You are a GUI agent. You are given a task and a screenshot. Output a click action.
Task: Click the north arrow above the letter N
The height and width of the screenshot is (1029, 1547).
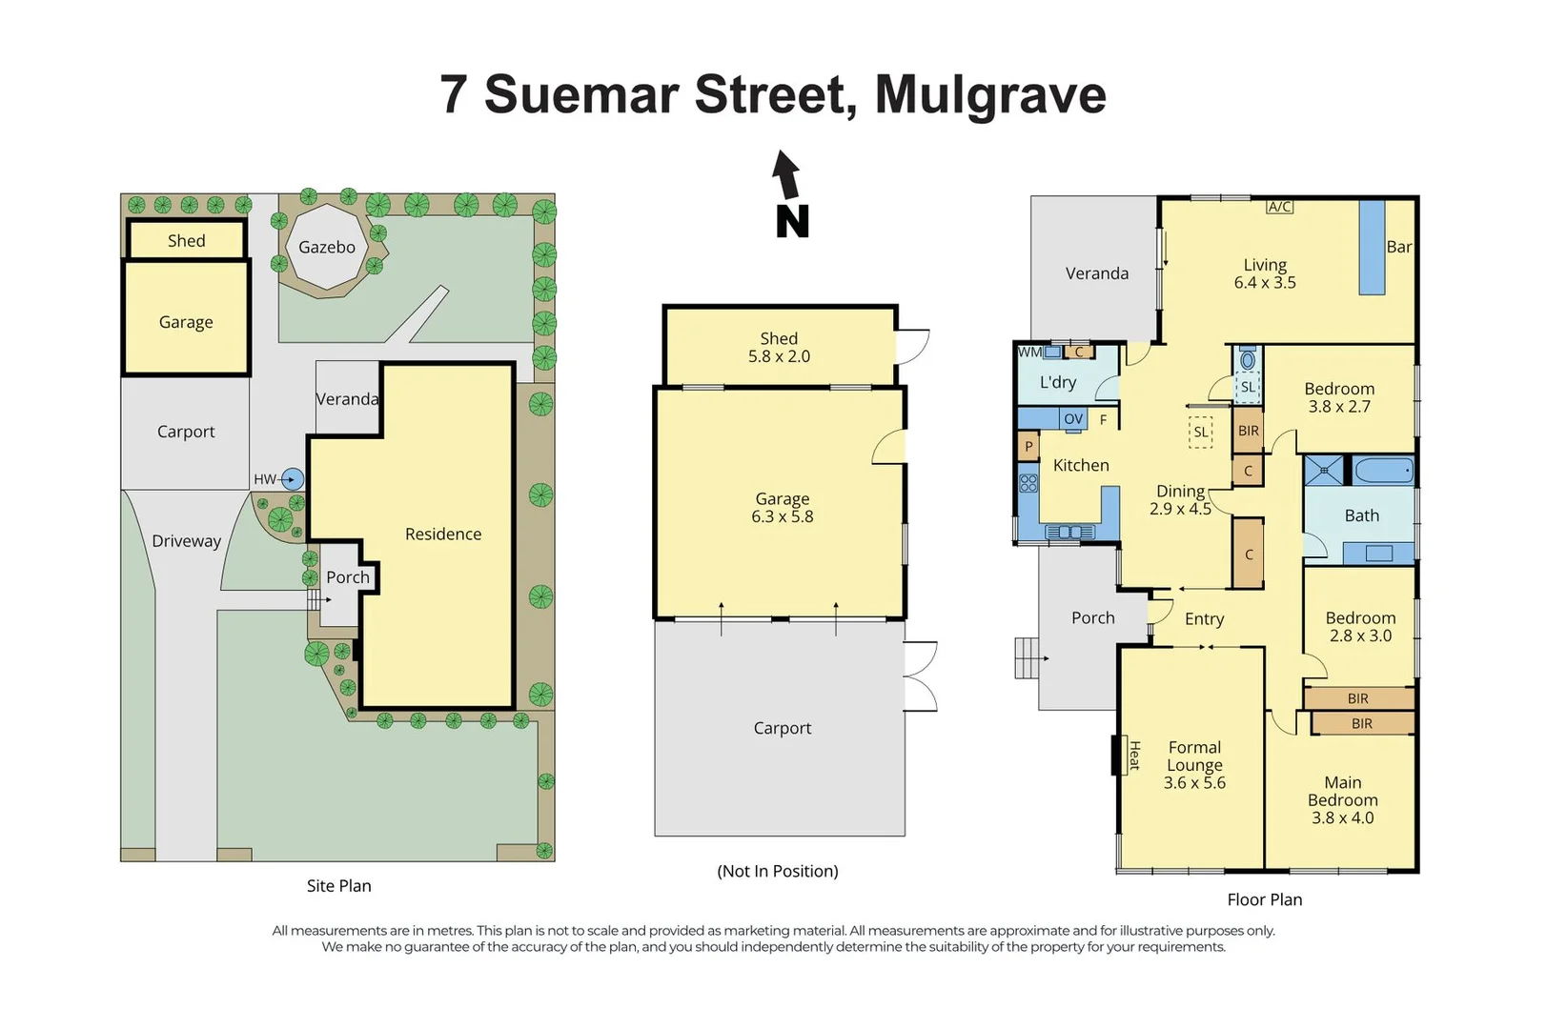[x=786, y=175]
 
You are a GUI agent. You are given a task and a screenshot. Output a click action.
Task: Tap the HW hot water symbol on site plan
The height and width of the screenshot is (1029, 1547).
[x=293, y=479]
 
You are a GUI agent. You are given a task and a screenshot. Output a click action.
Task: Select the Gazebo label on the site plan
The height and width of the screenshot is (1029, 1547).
[x=327, y=247]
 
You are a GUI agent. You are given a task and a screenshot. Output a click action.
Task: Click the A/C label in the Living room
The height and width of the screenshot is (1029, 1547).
[x=1279, y=207]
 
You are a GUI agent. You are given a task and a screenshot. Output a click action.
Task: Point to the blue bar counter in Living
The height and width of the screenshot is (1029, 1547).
[x=1372, y=248]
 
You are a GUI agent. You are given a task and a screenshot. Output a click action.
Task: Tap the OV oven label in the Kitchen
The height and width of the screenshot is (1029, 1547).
[x=1073, y=419]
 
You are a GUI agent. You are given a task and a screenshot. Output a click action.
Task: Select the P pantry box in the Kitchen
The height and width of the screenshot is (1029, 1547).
[x=1028, y=446]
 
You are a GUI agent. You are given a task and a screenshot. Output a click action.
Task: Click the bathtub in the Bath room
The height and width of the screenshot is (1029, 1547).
[x=1383, y=471]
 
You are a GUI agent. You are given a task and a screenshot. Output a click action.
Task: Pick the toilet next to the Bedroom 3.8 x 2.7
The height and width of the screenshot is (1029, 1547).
[x=1248, y=361]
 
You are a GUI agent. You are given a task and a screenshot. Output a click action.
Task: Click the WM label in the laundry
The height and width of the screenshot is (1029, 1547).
[x=1030, y=352]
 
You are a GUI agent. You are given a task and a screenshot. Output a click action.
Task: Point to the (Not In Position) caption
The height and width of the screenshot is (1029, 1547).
[x=778, y=871]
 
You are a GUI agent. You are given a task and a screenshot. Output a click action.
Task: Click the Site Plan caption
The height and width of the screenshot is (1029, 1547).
[x=339, y=885]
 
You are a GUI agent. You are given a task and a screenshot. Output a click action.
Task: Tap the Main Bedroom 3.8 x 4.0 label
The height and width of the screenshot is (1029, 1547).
[x=1342, y=800]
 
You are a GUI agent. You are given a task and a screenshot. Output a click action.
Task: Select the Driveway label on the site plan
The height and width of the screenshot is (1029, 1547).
[x=187, y=541]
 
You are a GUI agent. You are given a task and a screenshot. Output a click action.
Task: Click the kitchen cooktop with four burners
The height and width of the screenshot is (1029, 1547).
[x=1028, y=483]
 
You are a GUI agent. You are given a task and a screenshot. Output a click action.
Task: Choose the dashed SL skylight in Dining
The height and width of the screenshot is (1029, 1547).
[x=1200, y=432]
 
